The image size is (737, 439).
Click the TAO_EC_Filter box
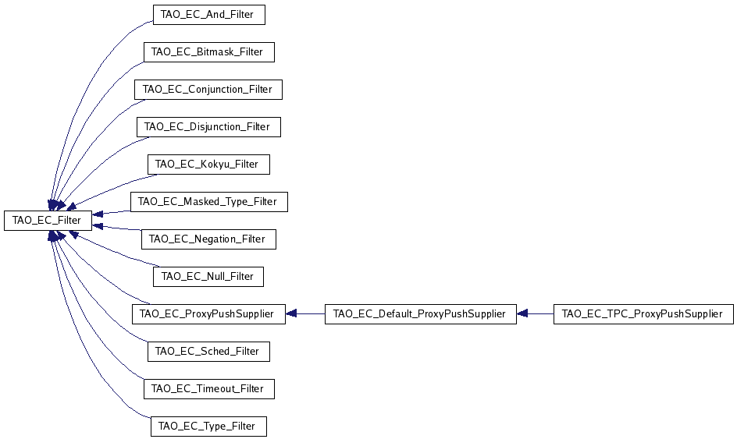tap(47, 221)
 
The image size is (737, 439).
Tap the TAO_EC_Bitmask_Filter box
tap(209, 52)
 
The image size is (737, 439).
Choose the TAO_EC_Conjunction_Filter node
tap(208, 90)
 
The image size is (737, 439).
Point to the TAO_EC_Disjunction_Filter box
tap(208, 126)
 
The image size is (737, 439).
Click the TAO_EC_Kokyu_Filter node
tap(208, 165)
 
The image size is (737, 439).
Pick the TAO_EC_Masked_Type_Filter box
tap(208, 201)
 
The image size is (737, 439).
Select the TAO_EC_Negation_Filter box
tap(208, 239)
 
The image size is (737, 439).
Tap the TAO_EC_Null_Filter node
tap(208, 276)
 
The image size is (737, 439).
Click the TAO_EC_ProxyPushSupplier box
tap(208, 314)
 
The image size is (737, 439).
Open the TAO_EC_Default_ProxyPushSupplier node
tap(420, 314)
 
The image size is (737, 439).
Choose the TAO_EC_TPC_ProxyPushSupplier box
tap(643, 314)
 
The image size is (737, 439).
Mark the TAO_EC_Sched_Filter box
tap(208, 352)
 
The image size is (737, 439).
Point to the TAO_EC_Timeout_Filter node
tap(208, 388)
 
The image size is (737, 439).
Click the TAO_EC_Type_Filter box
tap(208, 426)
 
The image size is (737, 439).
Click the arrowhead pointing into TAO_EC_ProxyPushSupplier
tap(290, 314)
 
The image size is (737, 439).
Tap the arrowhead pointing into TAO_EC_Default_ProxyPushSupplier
tap(522, 314)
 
